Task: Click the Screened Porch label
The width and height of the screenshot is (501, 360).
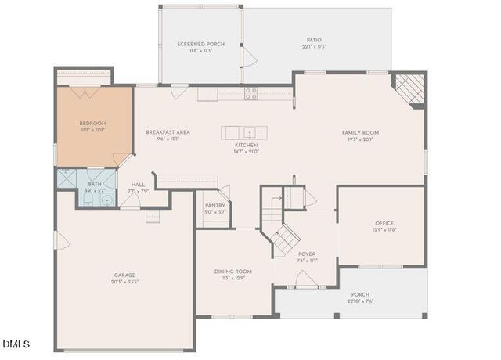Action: coord(201,45)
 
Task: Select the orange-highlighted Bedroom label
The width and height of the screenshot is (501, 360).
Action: coord(93,124)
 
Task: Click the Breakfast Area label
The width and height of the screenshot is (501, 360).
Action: coord(168,132)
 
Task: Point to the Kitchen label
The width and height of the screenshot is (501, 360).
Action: coord(247,145)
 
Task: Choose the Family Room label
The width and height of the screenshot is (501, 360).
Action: coord(360,133)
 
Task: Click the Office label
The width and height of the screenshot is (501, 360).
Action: coord(384,223)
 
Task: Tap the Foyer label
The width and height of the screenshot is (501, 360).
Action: coord(307,254)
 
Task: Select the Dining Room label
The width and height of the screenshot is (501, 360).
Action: coord(233,272)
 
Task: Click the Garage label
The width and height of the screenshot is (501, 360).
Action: coord(126,275)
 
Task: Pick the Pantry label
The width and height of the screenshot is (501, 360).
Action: coord(214,205)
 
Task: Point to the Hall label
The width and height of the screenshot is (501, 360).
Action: coord(139,185)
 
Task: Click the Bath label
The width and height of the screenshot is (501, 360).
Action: coord(94,182)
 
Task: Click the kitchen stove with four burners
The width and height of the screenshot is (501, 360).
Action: coord(251,92)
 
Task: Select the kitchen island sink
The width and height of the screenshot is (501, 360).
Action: coord(248,131)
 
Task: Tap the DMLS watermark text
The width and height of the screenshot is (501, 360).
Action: coord(16,344)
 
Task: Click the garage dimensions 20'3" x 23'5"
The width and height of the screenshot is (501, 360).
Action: coord(126,282)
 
